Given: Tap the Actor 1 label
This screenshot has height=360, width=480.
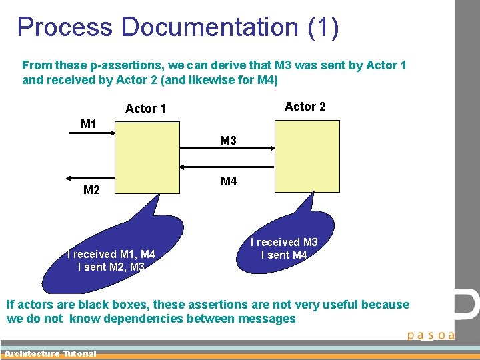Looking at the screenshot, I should coord(145,109).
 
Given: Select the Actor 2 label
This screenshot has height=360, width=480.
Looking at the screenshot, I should coord(305,107).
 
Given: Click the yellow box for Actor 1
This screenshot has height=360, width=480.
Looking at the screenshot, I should coord(148,157).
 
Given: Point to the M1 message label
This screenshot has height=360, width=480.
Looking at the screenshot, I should coord(89,124).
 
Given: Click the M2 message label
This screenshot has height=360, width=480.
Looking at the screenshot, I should coord(92,191).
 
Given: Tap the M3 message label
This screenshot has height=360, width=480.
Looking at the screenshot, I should coord(228,141).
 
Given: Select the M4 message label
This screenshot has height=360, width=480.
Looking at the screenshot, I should coord(229,181).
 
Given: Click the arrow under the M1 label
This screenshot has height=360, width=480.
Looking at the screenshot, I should coord(92,133).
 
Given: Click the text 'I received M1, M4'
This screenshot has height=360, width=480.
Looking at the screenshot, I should coord(111,254).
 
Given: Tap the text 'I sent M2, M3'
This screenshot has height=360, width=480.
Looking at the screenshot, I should coord(111,267).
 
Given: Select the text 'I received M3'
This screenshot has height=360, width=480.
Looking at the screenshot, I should coord(284,243).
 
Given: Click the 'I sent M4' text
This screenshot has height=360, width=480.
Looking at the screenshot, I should coord(284,255).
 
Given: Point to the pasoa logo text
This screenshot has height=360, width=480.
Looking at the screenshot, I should coord(431,335).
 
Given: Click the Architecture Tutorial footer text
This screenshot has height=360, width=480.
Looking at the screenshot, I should coord(50,354).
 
